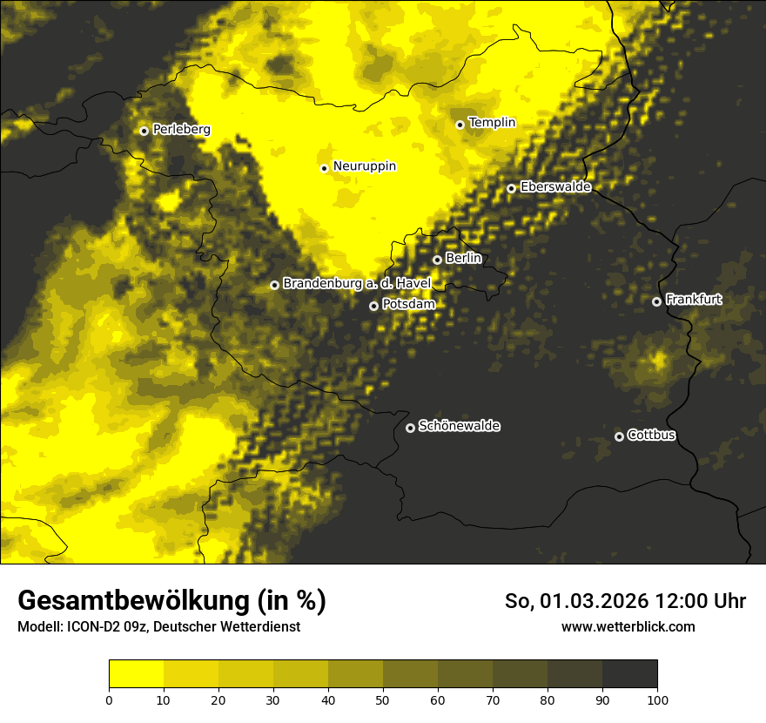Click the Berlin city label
coord(463,259)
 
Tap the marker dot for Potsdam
coord(374,306)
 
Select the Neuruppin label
coord(365,166)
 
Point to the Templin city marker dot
coord(460,125)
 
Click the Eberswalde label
coord(555,187)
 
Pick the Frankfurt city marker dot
coord(657,301)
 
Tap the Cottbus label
coord(652,436)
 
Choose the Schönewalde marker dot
coord(411,428)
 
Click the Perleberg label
coord(182,130)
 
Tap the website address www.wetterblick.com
coord(628,627)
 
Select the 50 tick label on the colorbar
coord(383,699)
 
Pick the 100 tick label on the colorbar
coord(657,699)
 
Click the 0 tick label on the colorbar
coord(109,699)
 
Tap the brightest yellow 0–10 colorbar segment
coord(136,674)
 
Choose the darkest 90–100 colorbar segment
coord(629,674)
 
